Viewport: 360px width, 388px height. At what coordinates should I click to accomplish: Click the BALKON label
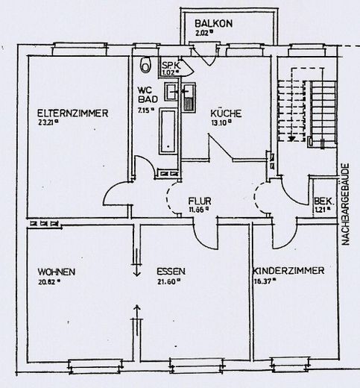click(x=214, y=24)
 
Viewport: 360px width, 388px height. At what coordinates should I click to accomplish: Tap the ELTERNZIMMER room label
click(x=73, y=113)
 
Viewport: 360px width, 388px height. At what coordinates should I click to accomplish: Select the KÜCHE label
click(x=225, y=113)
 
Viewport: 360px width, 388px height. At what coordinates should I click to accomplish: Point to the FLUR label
click(x=199, y=201)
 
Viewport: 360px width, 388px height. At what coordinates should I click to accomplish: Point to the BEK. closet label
click(x=321, y=201)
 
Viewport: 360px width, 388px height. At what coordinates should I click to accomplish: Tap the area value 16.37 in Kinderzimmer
click(x=265, y=281)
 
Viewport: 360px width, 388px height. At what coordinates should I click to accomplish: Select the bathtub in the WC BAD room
click(x=168, y=131)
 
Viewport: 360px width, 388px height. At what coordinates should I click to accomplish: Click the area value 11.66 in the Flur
click(x=198, y=211)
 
